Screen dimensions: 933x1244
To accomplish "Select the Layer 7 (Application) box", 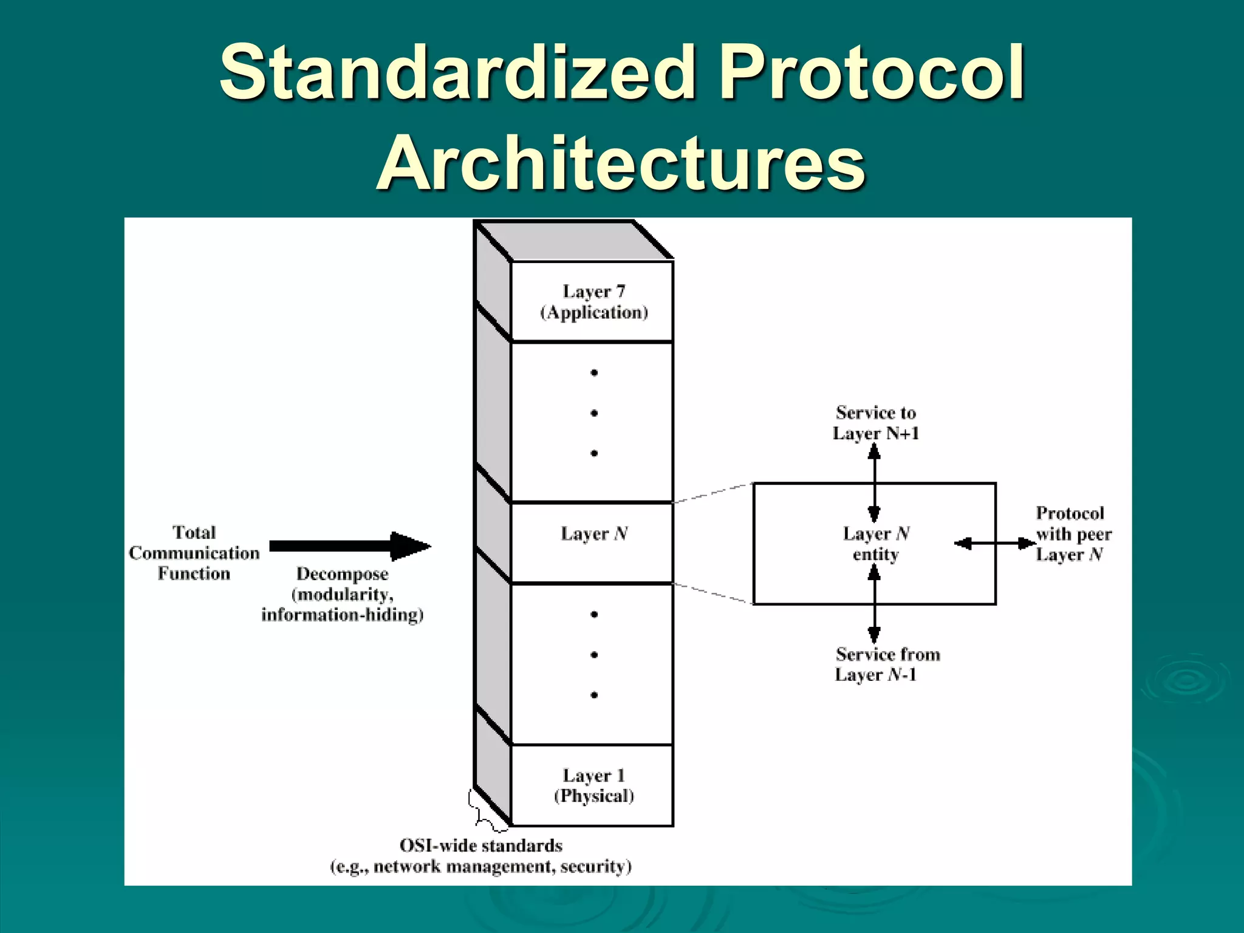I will [x=593, y=302].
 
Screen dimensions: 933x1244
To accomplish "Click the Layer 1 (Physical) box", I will [x=593, y=785].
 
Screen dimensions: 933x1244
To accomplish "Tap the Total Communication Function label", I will [x=194, y=553].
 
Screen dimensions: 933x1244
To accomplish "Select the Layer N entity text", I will [x=875, y=544].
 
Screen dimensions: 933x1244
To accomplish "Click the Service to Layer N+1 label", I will [x=875, y=423].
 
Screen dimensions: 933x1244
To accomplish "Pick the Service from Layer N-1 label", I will [x=887, y=664].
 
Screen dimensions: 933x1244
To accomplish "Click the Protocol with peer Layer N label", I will [x=1073, y=534].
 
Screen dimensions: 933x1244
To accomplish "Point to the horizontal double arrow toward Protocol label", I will [x=994, y=544].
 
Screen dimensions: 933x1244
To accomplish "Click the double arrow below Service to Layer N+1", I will [x=874, y=482].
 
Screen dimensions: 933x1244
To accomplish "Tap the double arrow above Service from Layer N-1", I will [x=874, y=604].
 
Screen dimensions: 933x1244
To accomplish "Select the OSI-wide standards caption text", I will [x=480, y=856].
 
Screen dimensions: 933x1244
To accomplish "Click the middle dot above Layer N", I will [x=594, y=413].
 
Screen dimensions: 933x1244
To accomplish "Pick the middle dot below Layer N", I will [x=594, y=655].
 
